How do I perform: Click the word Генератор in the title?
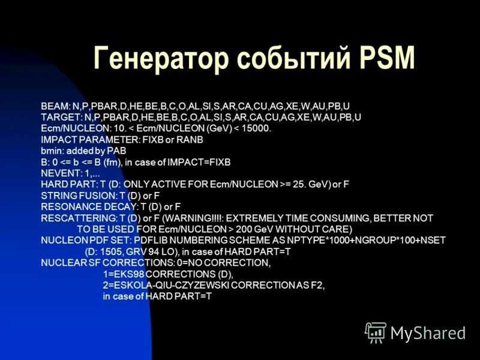[160, 59]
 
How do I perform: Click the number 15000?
[257, 128]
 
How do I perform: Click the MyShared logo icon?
[376, 332]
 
